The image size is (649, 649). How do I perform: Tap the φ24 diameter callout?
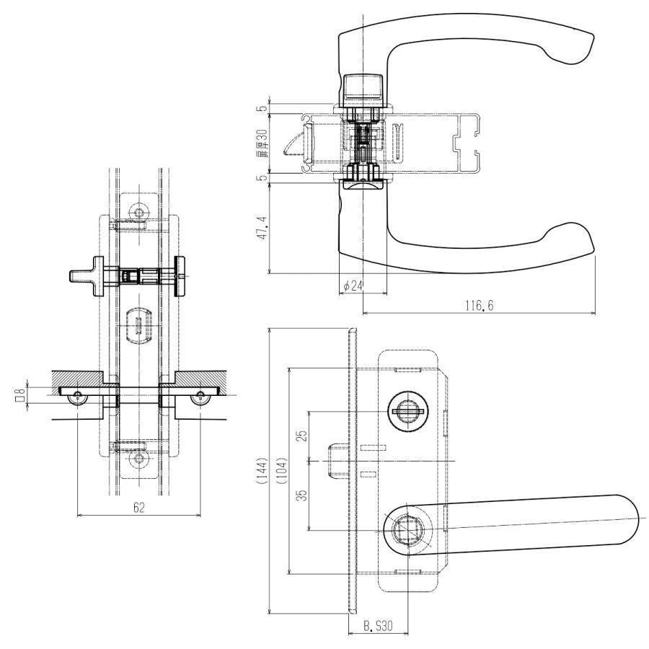point(353,286)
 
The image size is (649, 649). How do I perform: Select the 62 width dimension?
point(138,508)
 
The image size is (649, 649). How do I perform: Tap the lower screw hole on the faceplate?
point(138,459)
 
